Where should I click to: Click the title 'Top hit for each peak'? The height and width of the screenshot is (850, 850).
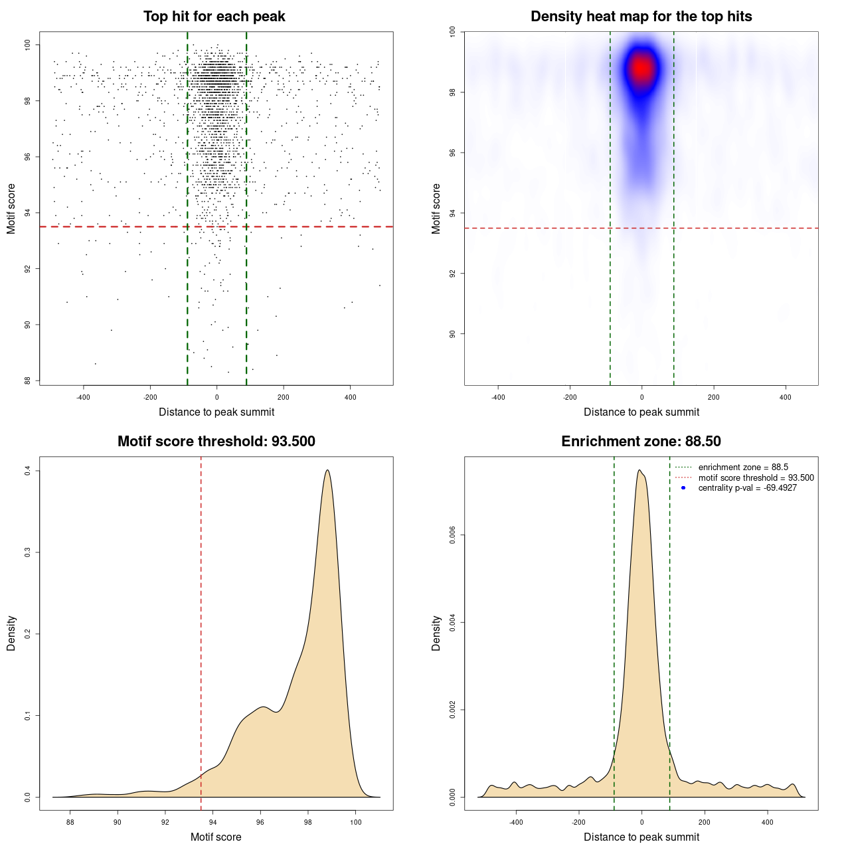click(x=214, y=17)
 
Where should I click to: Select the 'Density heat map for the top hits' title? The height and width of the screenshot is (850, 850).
click(x=641, y=17)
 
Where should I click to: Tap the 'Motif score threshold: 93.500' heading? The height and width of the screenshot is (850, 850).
click(x=216, y=442)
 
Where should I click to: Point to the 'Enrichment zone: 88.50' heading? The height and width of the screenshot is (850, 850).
click(x=641, y=442)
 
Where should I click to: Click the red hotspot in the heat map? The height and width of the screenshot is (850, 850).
click(x=641, y=68)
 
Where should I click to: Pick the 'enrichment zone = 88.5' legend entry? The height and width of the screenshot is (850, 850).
click(x=743, y=467)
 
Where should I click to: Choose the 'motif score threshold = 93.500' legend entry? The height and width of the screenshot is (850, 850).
click(x=756, y=477)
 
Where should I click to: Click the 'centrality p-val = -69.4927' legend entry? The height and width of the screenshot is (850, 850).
click(x=747, y=488)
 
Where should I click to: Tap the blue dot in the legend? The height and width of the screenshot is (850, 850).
click(x=683, y=488)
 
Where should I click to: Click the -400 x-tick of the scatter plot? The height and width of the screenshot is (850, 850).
click(x=83, y=398)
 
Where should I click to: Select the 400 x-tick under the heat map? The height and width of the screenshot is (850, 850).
click(x=786, y=398)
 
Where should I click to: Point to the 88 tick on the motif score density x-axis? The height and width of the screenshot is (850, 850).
click(x=70, y=823)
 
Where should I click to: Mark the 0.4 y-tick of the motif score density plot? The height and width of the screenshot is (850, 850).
click(x=28, y=470)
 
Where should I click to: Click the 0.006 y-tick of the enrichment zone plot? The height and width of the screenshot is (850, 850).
click(x=453, y=535)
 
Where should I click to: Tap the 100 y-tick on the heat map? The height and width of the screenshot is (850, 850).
click(x=453, y=31)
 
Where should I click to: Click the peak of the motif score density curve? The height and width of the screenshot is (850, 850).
click(x=327, y=470)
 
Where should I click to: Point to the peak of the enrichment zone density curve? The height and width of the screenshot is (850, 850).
click(x=639, y=470)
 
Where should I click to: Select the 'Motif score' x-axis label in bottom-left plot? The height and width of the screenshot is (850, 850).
click(x=216, y=837)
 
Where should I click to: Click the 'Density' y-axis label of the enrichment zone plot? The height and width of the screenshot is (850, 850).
click(x=436, y=633)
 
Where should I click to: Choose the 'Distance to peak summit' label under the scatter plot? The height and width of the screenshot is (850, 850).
click(x=216, y=412)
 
